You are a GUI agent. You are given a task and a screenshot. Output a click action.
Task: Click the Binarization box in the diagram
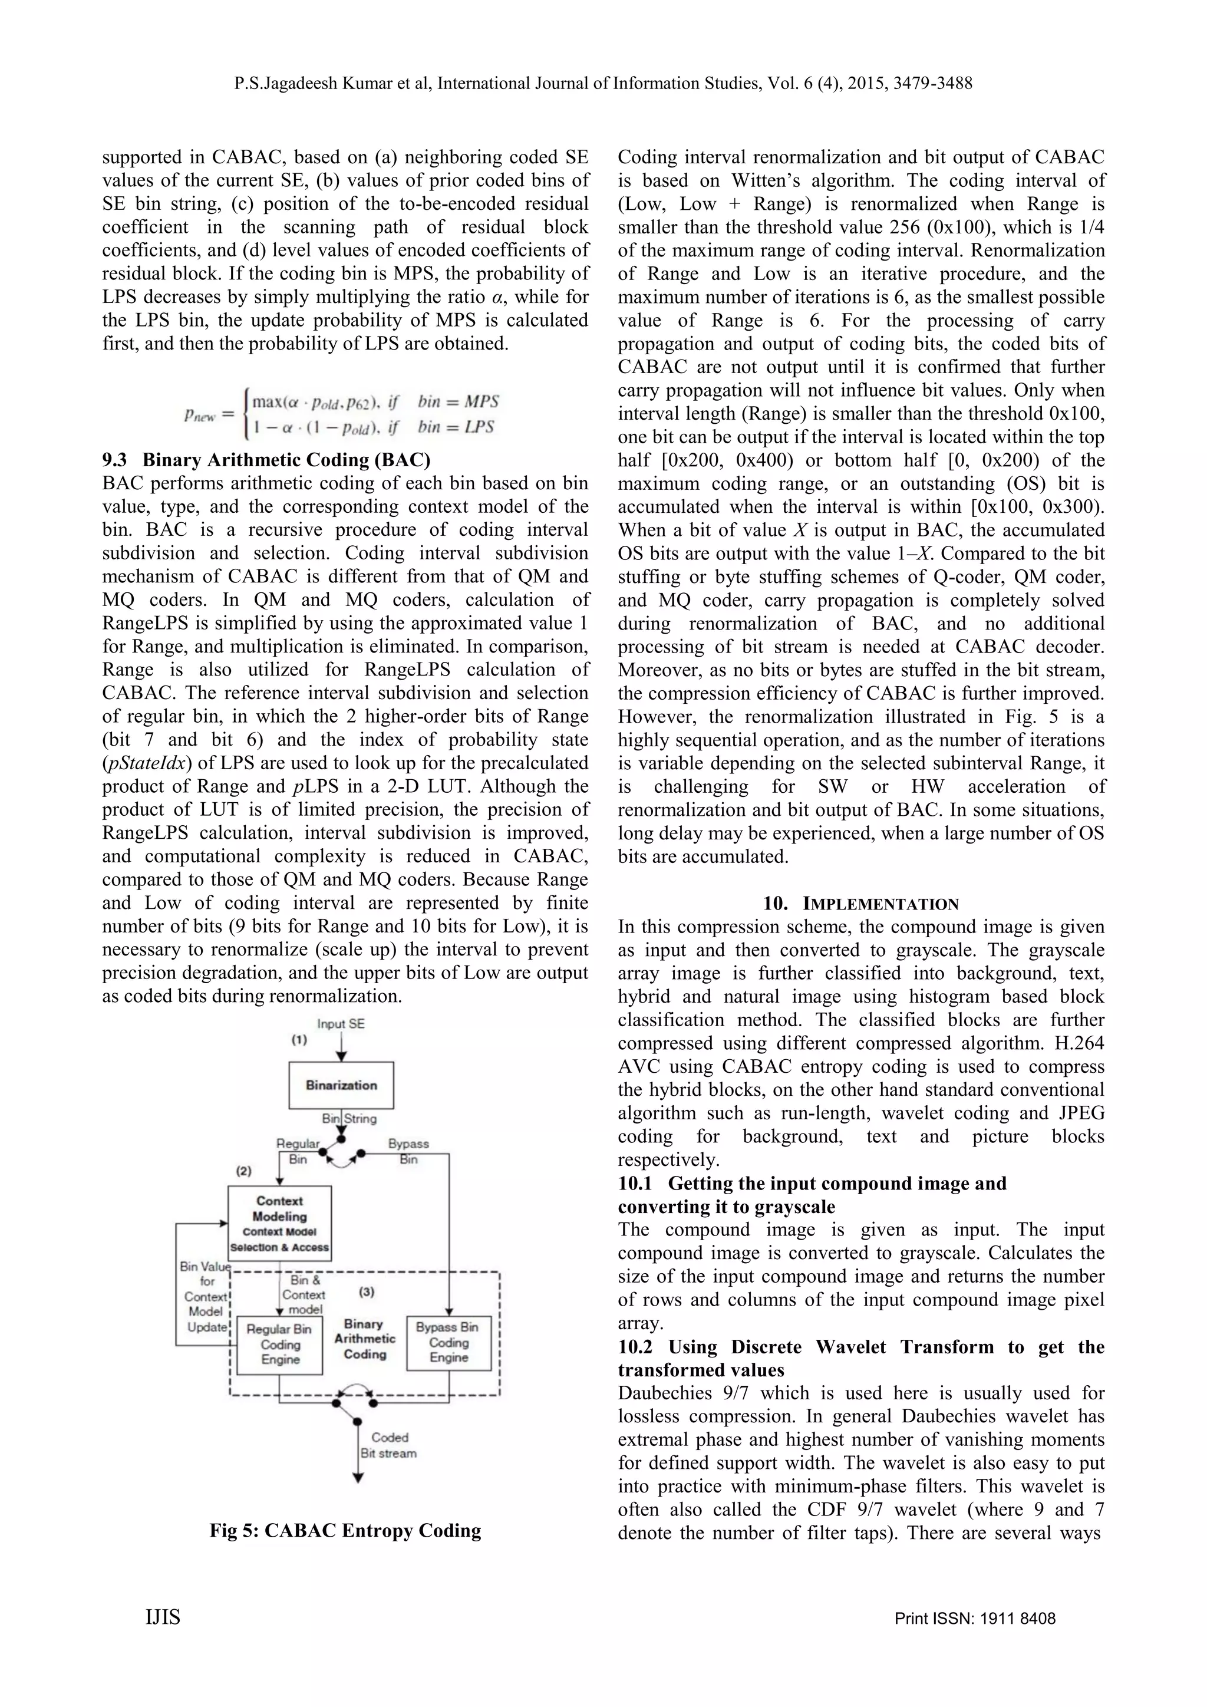pyautogui.click(x=341, y=1086)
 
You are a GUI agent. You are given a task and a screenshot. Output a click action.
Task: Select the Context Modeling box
pyautogui.click(x=279, y=1223)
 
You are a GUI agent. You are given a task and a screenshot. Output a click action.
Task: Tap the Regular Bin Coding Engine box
pyautogui.click(x=280, y=1344)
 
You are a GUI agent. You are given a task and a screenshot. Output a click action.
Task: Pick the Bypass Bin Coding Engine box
pyautogui.click(x=448, y=1342)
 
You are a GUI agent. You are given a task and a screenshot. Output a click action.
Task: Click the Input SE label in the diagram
pyautogui.click(x=341, y=1024)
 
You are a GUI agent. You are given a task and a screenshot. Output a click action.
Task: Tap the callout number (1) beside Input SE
pyautogui.click(x=299, y=1040)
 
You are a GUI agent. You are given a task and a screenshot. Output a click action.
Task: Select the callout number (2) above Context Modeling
pyautogui.click(x=244, y=1171)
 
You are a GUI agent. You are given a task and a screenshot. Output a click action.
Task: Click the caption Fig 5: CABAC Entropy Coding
pyautogui.click(x=345, y=1530)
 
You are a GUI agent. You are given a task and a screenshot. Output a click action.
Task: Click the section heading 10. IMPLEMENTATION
pyautogui.click(x=860, y=904)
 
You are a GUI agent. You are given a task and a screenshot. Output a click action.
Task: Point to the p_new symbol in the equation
pyautogui.click(x=199, y=415)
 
